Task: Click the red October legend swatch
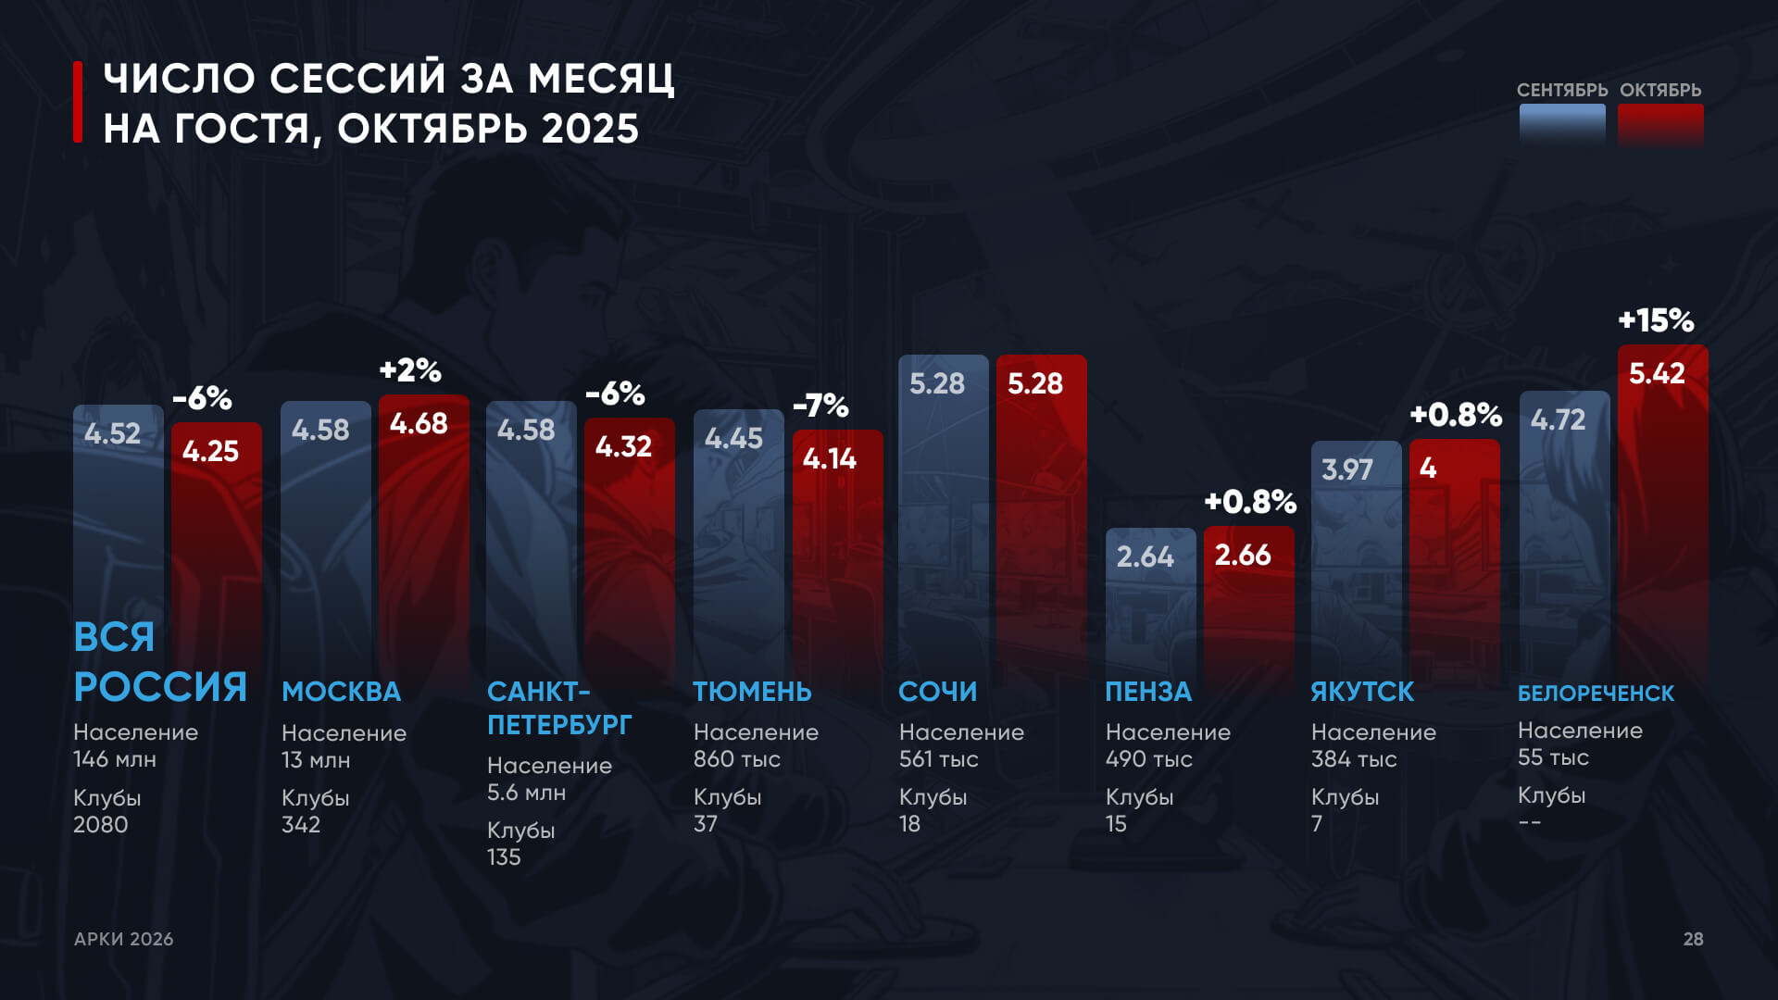(1660, 124)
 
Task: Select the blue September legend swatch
(1562, 124)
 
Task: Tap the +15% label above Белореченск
(1656, 320)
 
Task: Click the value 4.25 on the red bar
(210, 452)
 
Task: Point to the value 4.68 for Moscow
(419, 424)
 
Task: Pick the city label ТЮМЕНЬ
(752, 692)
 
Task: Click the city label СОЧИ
(937, 692)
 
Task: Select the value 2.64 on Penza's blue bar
(1145, 556)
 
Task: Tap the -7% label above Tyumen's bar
(820, 406)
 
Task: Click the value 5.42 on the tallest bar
(1657, 374)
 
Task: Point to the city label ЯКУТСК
(1362, 692)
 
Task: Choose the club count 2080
(101, 824)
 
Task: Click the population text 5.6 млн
(526, 793)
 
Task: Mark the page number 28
(1693, 939)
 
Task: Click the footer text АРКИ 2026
(124, 939)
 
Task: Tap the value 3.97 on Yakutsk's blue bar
(1346, 470)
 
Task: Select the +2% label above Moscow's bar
(410, 370)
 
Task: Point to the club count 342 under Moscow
(301, 824)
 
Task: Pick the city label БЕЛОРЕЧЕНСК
(1596, 694)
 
